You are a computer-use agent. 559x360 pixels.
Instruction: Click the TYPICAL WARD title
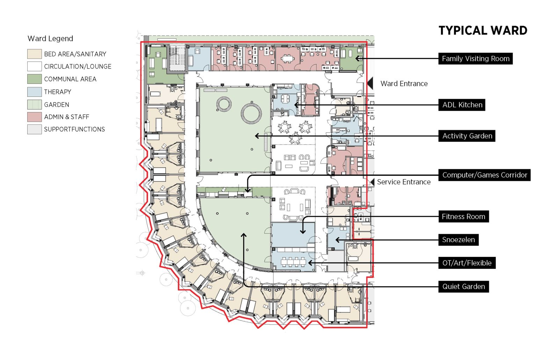[482, 31]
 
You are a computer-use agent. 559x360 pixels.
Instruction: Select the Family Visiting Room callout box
[475, 59]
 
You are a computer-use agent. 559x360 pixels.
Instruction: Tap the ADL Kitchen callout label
[462, 105]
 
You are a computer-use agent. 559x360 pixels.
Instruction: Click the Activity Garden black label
[466, 136]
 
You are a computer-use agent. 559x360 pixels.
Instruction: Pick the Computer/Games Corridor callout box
[484, 175]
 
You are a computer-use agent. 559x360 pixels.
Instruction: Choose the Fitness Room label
[463, 217]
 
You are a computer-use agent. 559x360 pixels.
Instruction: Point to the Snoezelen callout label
[458, 240]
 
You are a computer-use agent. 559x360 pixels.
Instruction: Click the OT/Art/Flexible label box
[466, 263]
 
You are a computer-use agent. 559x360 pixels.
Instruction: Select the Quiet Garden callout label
[463, 287]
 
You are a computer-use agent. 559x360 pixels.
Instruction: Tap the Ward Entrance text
[404, 84]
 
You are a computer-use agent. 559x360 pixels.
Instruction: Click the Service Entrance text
[403, 182]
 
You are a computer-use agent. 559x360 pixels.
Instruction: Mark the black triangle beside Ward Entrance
[370, 84]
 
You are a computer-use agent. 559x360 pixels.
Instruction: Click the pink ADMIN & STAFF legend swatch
[34, 117]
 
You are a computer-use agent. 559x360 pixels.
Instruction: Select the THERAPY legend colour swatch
[34, 92]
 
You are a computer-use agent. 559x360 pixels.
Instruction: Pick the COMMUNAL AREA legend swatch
[34, 79]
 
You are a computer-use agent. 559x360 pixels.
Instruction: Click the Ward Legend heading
[50, 38]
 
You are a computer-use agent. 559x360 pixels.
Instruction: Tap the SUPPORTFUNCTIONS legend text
[74, 129]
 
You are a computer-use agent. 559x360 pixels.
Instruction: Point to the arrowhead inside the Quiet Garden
[244, 235]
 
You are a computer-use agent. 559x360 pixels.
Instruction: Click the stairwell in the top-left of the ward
[177, 58]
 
